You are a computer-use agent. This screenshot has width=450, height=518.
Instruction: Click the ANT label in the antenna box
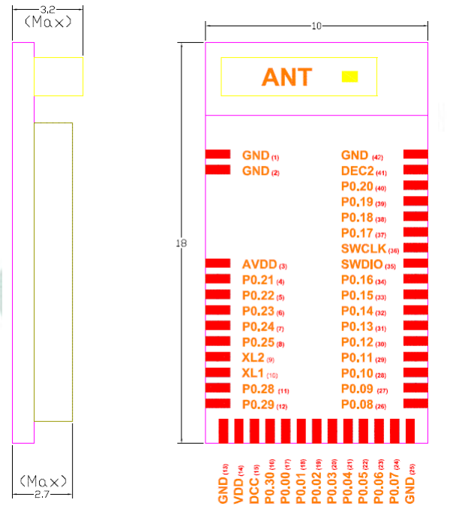click(x=286, y=77)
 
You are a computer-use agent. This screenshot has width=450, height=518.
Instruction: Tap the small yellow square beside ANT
click(x=349, y=77)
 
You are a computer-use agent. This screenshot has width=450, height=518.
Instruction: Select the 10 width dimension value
click(x=316, y=26)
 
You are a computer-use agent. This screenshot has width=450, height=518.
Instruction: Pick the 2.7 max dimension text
click(x=43, y=493)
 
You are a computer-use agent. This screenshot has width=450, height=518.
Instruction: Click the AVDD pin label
click(x=259, y=265)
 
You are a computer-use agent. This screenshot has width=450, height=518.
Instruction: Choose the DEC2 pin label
click(x=357, y=171)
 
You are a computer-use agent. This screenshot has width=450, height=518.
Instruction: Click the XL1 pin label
click(x=253, y=373)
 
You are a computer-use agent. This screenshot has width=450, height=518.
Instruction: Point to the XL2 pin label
click(x=253, y=358)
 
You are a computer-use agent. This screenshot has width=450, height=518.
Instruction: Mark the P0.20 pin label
click(x=357, y=186)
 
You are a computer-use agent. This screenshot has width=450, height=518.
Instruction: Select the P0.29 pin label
click(x=259, y=405)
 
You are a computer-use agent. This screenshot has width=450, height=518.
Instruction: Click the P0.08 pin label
click(x=357, y=405)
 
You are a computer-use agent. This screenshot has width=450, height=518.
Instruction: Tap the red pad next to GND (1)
click(x=217, y=154)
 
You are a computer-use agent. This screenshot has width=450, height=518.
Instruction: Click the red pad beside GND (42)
click(x=415, y=154)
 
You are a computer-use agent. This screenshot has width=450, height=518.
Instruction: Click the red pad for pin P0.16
click(x=415, y=279)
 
